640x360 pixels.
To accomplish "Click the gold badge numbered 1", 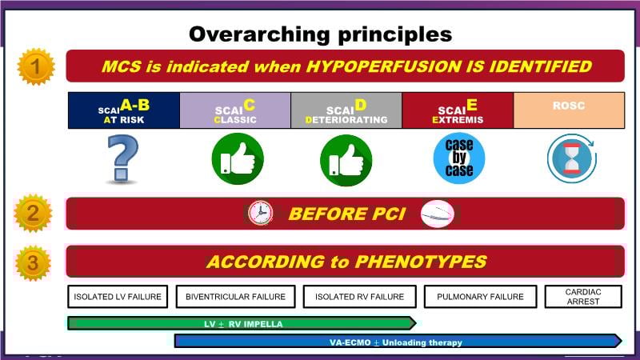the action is pos(36,66).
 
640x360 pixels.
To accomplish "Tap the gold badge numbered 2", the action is pos(33,213).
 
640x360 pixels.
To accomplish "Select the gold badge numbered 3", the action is pos(33,263).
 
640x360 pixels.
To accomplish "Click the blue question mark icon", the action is pos(122,158).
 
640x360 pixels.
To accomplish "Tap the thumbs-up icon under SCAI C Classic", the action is pos(238,158).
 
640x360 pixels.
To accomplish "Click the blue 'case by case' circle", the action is pos(459,158).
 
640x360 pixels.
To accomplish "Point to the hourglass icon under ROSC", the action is pos(572,158).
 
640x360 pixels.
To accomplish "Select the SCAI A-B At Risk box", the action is pos(124,110).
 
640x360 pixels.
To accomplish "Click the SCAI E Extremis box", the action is pos(458,110).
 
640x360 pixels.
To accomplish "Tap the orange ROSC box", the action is pos(569,110).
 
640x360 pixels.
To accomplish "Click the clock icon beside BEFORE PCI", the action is pos(260,213).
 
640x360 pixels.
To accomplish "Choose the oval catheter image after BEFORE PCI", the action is pos(438,214).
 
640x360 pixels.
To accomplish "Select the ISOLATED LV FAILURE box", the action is pos(118,297).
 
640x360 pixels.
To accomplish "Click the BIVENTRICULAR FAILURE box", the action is pos(235,297).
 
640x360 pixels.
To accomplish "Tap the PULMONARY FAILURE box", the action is pos(481,297).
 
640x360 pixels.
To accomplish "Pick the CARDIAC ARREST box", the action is pos(583,297).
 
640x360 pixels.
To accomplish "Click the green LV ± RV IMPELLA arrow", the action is pos(242,323).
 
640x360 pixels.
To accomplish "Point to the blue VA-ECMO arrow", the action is pos(398,342).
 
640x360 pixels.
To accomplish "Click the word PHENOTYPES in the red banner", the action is pos(421,262).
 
